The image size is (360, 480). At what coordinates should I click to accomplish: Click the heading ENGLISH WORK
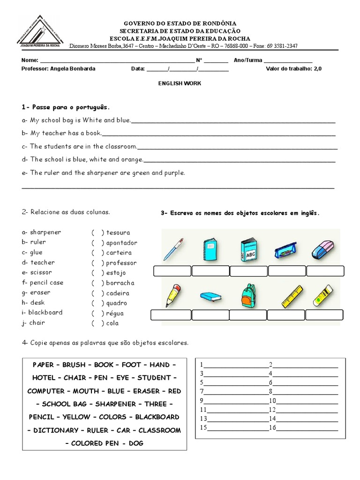pos(180,83)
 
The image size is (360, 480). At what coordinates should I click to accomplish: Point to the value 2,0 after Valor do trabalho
pos(318,68)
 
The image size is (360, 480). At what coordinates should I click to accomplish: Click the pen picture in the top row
pos(173,249)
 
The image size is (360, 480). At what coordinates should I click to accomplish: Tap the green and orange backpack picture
pos(248,296)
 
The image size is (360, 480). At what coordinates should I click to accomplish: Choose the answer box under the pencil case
pos(287,271)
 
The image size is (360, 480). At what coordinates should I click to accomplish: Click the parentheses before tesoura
pos(97,232)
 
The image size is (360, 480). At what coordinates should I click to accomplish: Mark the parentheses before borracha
pos(97,283)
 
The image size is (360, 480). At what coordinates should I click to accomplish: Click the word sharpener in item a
pos(45,232)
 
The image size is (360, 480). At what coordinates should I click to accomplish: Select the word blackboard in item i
pos(45,313)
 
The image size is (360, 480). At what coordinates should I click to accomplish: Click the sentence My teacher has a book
pos(65,133)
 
